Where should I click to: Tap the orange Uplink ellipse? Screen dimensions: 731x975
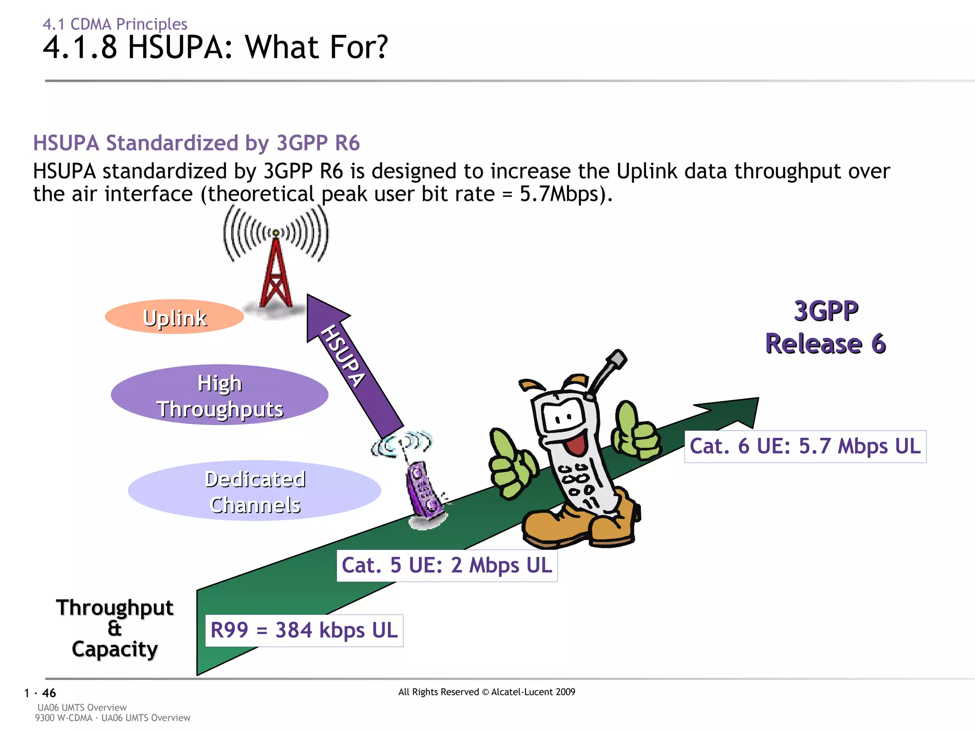174,317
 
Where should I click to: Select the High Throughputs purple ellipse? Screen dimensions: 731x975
219,395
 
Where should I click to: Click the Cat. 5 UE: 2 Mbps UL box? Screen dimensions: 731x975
447,565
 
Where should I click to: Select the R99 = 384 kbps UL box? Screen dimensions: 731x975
304,630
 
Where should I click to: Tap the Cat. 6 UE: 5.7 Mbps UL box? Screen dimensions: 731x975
805,446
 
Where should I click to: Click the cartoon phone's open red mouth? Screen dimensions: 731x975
577,443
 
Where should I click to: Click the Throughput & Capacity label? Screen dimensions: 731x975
115,628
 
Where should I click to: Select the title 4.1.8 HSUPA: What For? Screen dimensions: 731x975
215,48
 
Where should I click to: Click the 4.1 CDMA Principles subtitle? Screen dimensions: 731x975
115,24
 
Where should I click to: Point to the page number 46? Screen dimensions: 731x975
49,693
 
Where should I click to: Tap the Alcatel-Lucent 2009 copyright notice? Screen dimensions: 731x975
487,692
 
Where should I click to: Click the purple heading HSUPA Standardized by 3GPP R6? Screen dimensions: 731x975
196,143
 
